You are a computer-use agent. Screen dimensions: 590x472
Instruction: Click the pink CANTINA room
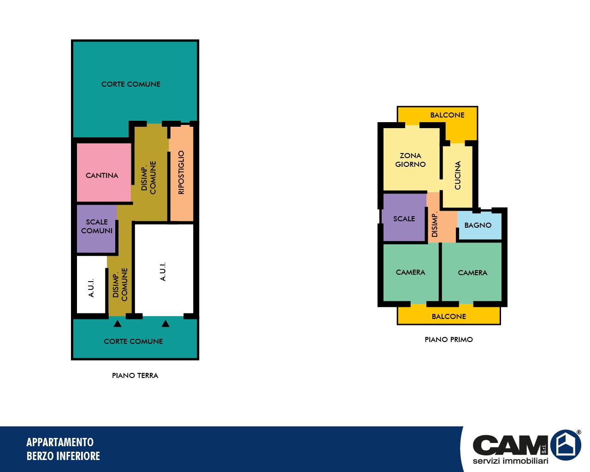104,172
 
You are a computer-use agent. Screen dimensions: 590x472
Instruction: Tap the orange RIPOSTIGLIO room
182,173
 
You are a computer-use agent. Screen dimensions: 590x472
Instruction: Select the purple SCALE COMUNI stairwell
96,229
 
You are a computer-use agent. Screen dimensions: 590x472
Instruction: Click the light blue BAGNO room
479,225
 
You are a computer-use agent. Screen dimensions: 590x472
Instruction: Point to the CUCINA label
458,175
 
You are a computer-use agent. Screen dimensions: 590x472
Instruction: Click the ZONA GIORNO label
410,160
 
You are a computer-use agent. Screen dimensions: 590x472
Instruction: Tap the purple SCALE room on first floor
404,218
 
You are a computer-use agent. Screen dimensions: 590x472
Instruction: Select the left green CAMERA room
411,272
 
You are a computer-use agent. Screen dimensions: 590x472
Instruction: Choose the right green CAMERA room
472,272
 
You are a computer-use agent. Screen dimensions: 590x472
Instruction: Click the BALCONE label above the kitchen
447,115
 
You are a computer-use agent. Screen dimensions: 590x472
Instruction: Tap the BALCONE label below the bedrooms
449,316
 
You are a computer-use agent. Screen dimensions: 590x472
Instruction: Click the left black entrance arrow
118,324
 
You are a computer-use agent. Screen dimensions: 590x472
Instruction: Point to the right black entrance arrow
165,324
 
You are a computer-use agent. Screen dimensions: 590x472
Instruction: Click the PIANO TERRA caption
135,376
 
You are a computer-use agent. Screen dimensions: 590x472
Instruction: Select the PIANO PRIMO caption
449,340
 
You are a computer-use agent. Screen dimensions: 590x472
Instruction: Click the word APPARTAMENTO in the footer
60,442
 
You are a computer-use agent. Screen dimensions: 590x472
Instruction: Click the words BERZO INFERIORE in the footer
63,456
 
